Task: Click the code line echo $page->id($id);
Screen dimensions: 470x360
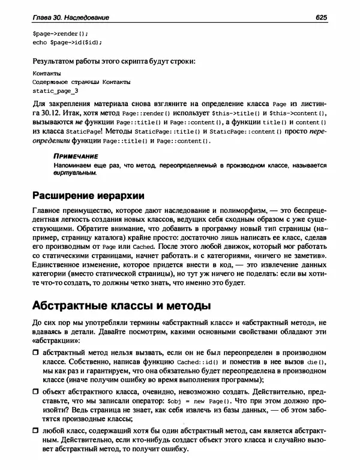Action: tap(67, 42)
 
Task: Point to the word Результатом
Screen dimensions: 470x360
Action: tap(56, 61)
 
